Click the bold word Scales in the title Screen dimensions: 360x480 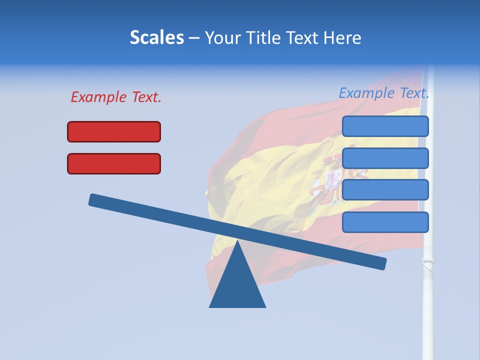(x=157, y=38)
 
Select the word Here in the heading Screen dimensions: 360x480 (x=342, y=38)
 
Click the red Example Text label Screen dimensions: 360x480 (x=116, y=97)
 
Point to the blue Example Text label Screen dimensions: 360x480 (x=384, y=93)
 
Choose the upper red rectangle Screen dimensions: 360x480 (x=114, y=131)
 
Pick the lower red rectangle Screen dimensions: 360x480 (x=114, y=163)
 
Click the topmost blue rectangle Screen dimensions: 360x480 (x=385, y=126)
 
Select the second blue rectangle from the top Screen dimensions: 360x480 (x=385, y=158)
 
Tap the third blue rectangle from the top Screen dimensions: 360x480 (x=385, y=190)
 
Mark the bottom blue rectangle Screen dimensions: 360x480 (x=385, y=222)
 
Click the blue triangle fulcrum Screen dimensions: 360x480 (x=237, y=285)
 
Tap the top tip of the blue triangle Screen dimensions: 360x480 (x=237, y=242)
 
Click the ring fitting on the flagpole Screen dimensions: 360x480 (x=427, y=262)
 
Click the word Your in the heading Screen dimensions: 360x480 (x=222, y=38)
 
